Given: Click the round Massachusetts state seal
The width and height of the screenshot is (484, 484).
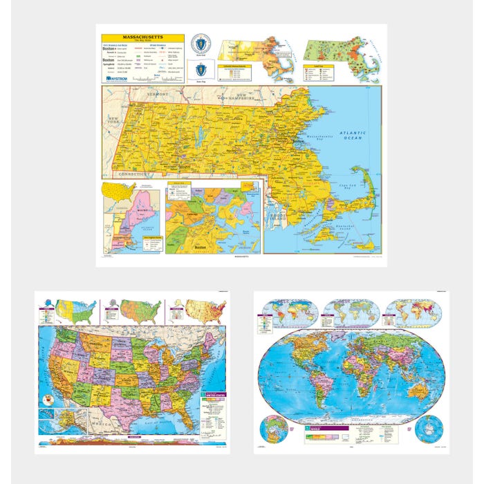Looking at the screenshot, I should pos(201,43).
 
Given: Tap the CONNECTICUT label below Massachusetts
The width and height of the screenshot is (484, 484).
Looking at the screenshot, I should pos(133,174).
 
